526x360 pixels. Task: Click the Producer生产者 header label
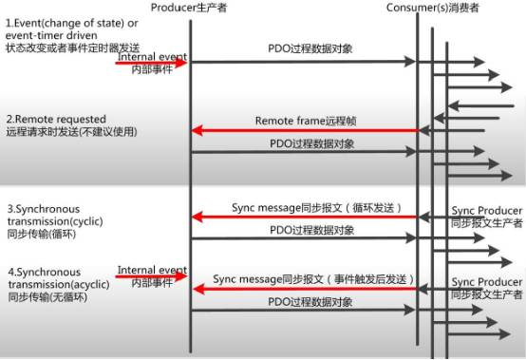pyautogui.click(x=190, y=9)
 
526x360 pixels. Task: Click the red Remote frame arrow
pyautogui.click(x=304, y=131)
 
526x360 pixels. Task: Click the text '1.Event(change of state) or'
pyautogui.click(x=63, y=21)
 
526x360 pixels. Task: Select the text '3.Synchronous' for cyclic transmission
pyautogui.click(x=44, y=208)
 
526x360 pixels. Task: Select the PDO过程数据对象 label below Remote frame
pyautogui.click(x=311, y=143)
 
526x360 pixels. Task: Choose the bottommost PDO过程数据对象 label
pyautogui.click(x=311, y=302)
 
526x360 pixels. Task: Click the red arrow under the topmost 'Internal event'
pyautogui.click(x=152, y=64)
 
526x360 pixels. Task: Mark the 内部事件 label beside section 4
pyautogui.click(x=151, y=284)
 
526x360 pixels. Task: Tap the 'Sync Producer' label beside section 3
pyautogui.click(x=486, y=210)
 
